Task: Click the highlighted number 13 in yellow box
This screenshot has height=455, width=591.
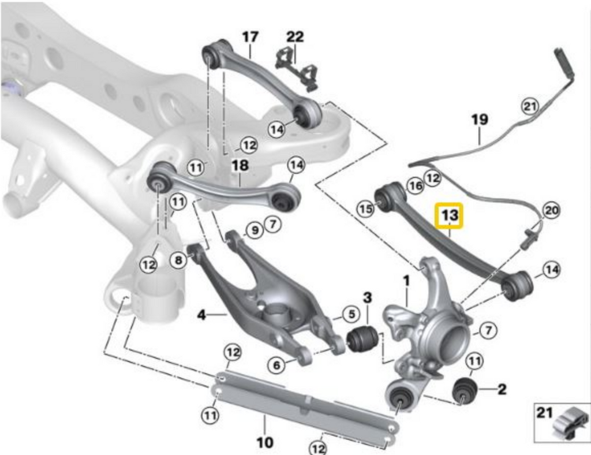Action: coord(450,216)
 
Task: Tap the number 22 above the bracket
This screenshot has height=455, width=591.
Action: coord(295,37)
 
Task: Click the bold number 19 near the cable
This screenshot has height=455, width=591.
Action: coord(479,120)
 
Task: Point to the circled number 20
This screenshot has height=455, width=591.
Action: coord(552,210)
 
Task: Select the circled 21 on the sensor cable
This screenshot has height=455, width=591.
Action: coord(529,106)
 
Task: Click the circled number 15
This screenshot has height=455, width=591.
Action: coord(365,209)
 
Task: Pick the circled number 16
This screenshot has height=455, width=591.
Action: coord(414,185)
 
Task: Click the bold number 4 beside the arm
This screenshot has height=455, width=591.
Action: coord(201,315)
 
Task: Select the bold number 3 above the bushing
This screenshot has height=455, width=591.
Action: coord(367,299)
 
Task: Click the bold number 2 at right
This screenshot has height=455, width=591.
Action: coord(502,389)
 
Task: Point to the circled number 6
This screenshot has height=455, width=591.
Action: coord(276,364)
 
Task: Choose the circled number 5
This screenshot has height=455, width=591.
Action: coord(350,315)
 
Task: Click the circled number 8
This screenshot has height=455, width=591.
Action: coord(178,261)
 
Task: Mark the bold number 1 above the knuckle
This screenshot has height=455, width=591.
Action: coord(406,281)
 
